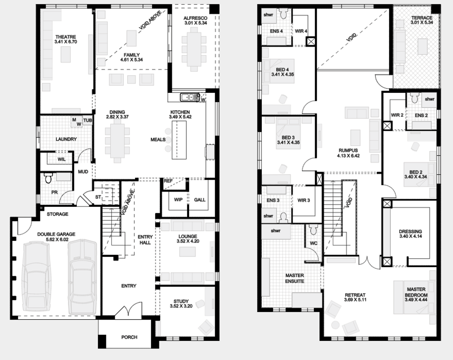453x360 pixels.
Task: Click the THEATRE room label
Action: [x=66, y=37]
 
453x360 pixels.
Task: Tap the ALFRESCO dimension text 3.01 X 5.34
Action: [x=196, y=23]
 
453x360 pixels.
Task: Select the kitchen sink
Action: [x=190, y=97]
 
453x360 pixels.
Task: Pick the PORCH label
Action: [x=129, y=337]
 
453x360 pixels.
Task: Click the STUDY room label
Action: [x=181, y=301]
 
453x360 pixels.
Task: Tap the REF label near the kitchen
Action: [x=168, y=181]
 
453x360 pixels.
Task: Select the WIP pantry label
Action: [x=178, y=200]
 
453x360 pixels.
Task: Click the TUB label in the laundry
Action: [x=88, y=120]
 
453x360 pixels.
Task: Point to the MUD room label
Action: [x=83, y=172]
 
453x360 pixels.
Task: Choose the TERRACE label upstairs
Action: [x=422, y=18]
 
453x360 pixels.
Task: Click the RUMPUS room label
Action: [x=348, y=150]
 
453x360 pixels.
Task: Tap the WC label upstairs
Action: [x=313, y=243]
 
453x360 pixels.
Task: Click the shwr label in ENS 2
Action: [x=429, y=99]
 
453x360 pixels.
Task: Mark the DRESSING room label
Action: [x=410, y=232]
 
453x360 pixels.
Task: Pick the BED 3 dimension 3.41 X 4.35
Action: [x=288, y=142]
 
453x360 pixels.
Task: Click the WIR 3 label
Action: [x=303, y=200]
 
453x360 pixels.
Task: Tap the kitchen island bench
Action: [x=179, y=140]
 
